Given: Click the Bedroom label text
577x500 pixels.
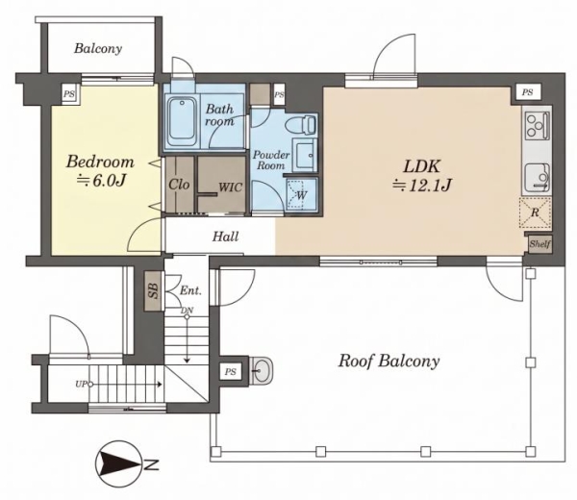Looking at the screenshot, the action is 100,162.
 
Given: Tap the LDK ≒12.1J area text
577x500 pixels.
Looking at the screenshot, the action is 422,176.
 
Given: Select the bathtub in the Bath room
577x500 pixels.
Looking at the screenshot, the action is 182,121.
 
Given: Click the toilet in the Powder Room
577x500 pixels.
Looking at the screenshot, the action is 300,124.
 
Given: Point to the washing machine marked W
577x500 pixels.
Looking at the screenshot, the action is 302,194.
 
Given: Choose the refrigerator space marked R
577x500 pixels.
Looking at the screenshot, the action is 535,212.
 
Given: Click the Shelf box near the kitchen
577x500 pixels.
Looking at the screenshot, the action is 540,244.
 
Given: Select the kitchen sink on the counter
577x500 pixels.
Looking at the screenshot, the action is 538,178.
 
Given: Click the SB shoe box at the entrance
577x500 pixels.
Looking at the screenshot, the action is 154,291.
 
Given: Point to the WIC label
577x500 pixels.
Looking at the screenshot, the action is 231,187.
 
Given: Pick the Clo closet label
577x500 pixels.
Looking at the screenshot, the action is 179,184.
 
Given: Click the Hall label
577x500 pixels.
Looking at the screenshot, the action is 225,237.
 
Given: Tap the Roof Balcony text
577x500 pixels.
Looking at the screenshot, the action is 389,362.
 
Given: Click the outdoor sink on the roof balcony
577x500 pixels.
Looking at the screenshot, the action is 262,370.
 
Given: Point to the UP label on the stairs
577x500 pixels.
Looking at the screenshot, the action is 81,384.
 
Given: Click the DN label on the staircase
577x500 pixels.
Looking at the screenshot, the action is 187,311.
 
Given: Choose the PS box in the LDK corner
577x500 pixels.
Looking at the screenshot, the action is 527,92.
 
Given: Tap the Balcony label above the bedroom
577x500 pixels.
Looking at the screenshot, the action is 98,48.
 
